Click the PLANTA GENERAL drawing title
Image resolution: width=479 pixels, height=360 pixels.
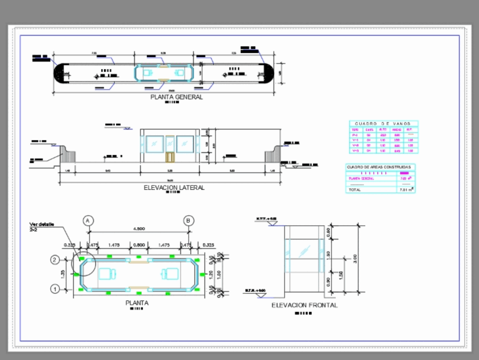pyautogui.click(x=177, y=97)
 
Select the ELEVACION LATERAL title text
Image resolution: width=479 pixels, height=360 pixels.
pyautogui.click(x=174, y=187)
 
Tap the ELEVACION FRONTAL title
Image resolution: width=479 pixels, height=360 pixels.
pyautogui.click(x=304, y=305)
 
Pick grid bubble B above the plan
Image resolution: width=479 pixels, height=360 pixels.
pyautogui.click(x=189, y=221)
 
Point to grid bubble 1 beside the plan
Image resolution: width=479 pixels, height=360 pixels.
pyautogui.click(x=55, y=289)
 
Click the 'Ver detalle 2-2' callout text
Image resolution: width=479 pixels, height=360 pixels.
pyautogui.click(x=42, y=227)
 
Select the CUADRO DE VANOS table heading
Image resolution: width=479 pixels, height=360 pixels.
pyautogui.click(x=383, y=124)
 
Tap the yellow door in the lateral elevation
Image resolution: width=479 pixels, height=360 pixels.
pyautogui.click(x=170, y=157)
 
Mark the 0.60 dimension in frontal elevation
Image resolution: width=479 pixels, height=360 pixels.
pyautogui.click(x=328, y=232)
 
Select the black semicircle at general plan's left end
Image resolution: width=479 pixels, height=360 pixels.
pyautogui.click(x=58, y=74)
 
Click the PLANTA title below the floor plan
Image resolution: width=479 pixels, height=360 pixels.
pyautogui.click(x=137, y=303)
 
